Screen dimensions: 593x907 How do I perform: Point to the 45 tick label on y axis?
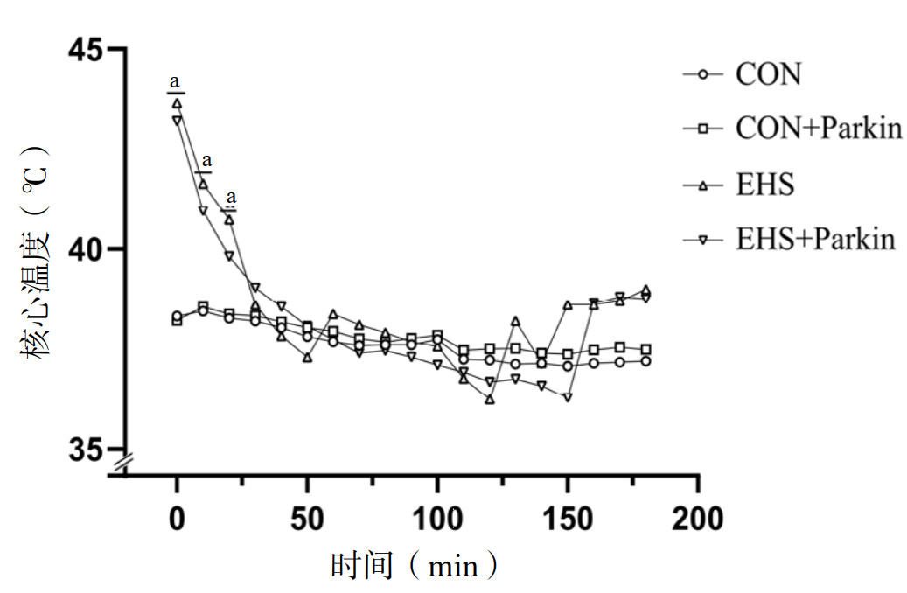click(86, 50)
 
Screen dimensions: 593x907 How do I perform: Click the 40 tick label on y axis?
click(86, 249)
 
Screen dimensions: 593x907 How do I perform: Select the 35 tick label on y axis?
click(86, 450)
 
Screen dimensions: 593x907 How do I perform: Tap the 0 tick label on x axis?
click(177, 519)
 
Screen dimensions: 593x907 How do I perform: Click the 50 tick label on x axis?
click(307, 519)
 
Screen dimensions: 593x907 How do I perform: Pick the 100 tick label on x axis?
click(437, 519)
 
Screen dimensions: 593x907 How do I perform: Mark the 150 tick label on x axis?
click(568, 519)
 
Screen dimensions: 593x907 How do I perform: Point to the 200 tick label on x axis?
click(698, 519)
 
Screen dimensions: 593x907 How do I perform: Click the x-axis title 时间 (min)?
click(415, 566)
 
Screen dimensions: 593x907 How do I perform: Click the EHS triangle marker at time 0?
click(177, 103)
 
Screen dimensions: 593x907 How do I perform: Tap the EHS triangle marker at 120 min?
click(490, 399)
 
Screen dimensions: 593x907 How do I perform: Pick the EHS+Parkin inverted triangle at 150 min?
click(568, 397)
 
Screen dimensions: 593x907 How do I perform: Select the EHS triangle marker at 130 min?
click(516, 321)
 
